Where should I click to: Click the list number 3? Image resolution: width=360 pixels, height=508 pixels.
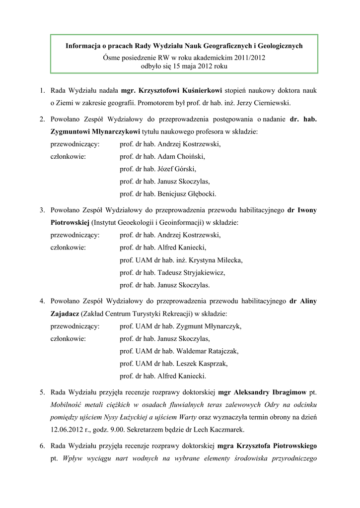coord(43,210)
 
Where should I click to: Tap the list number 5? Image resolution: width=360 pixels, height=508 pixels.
coord(43,392)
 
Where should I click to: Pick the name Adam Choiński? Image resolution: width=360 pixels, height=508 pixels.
coord(181,156)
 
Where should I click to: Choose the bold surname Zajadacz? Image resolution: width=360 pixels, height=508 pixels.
coord(64,314)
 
